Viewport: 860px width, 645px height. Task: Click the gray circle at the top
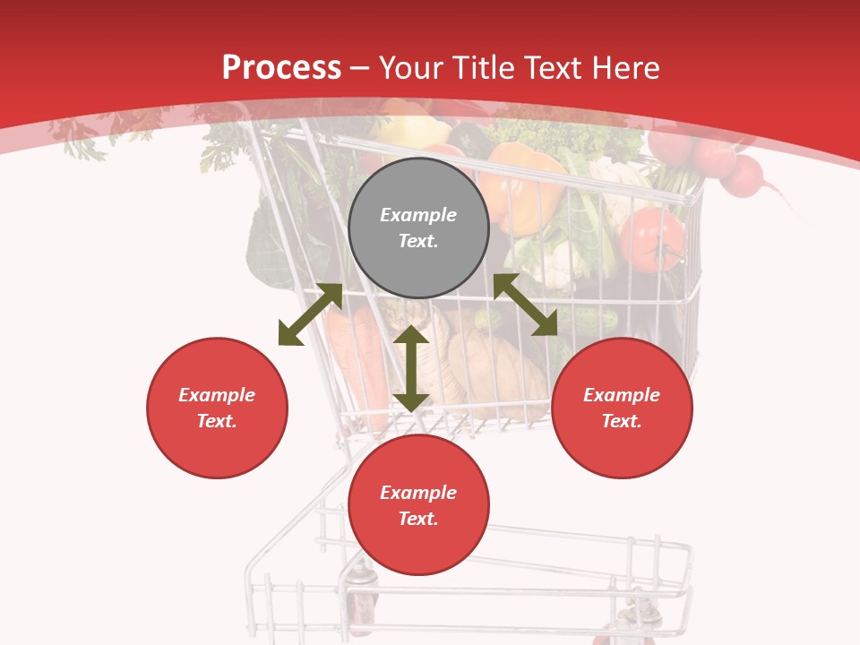tap(418, 228)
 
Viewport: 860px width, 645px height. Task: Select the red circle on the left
tap(217, 408)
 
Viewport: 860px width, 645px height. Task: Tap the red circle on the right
tap(622, 408)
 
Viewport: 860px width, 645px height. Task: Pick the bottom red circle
tap(418, 505)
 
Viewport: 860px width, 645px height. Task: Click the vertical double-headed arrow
tap(411, 368)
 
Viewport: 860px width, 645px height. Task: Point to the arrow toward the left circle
tap(310, 314)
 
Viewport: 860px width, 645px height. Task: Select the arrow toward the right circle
tap(525, 305)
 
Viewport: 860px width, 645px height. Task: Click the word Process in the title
tap(281, 67)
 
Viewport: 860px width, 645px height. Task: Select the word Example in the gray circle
tap(418, 215)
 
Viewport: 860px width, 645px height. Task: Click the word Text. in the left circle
tap(217, 421)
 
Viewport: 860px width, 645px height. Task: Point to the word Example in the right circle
tap(622, 395)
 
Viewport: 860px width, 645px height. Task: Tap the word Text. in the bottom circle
tap(418, 519)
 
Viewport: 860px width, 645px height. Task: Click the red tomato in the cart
tap(652, 239)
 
